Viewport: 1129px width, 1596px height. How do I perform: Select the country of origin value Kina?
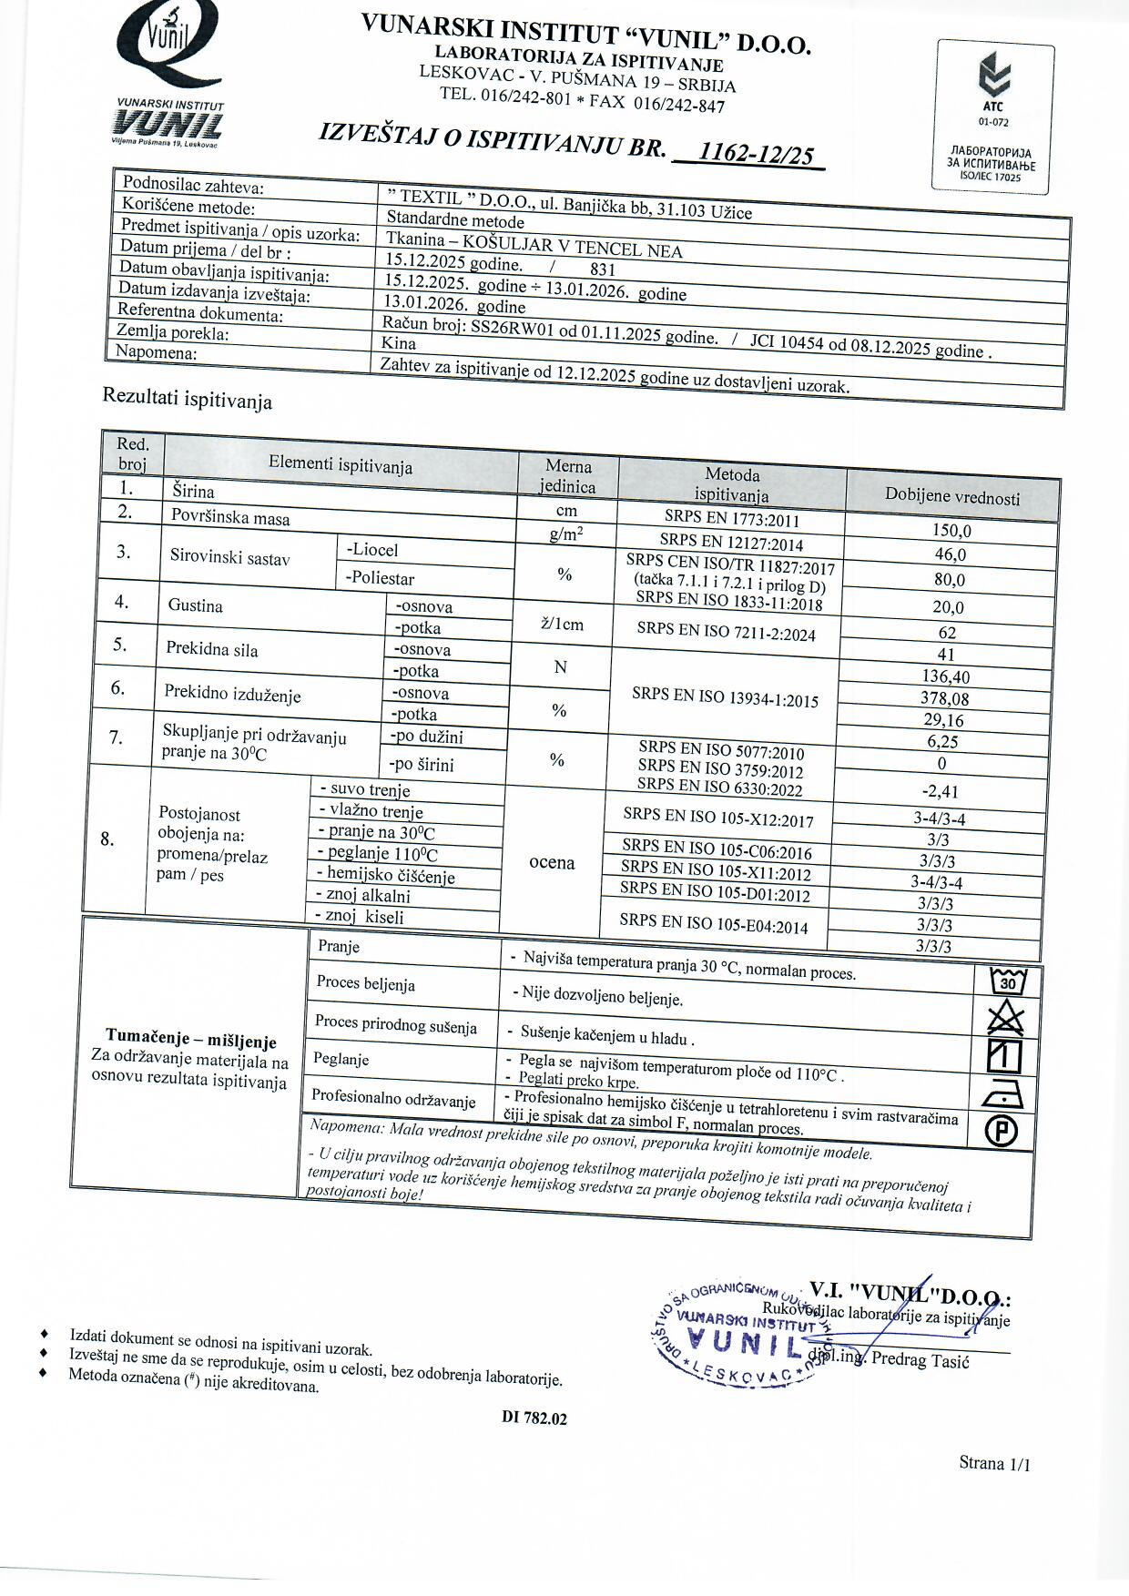click(x=400, y=343)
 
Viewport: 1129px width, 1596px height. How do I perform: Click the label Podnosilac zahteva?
click(x=193, y=187)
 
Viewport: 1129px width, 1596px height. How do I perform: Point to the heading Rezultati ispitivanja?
click(x=187, y=399)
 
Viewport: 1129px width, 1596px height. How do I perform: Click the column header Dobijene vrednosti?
click(x=952, y=496)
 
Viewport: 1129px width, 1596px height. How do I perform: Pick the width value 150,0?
click(x=951, y=531)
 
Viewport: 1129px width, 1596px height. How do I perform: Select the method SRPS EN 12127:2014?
click(x=731, y=543)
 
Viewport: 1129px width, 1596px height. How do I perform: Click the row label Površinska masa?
click(x=230, y=517)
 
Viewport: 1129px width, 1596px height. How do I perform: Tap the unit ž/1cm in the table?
click(x=562, y=624)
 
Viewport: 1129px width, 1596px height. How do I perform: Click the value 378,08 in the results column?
click(x=944, y=698)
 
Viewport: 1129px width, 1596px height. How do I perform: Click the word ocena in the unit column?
click(x=552, y=862)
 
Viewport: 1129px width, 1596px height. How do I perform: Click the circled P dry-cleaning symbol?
click(x=1002, y=1131)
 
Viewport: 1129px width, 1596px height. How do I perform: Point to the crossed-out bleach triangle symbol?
click(x=1005, y=1017)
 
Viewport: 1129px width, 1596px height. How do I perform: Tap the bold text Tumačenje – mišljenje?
click(x=190, y=1038)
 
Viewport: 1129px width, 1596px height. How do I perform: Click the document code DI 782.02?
click(x=534, y=1418)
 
